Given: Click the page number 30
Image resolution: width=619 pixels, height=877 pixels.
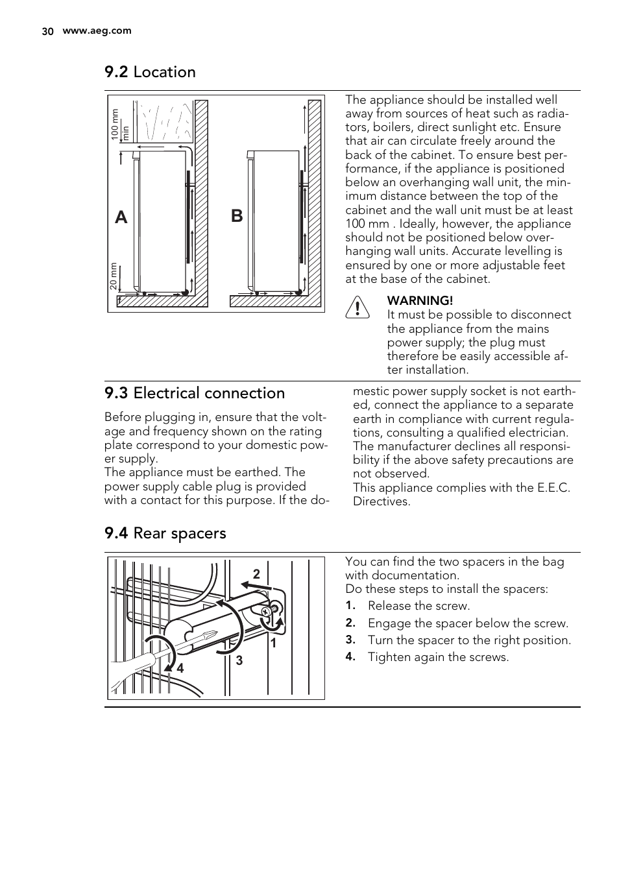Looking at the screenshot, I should point(47,31).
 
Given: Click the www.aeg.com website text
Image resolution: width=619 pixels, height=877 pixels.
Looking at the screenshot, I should point(97,30).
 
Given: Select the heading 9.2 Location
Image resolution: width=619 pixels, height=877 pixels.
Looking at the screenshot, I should point(150,72).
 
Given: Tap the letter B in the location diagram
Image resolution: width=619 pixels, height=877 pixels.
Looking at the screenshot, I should point(237,215).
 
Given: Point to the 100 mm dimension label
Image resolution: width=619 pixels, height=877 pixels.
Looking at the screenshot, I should point(115,125).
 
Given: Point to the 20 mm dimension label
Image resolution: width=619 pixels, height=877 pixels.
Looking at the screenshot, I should point(114,276).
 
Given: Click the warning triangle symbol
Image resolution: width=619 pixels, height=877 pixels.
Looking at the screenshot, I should point(357,307).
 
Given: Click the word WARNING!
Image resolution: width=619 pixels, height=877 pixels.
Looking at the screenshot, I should point(420,300).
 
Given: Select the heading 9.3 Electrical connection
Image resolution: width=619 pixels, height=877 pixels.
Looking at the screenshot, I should point(195,393).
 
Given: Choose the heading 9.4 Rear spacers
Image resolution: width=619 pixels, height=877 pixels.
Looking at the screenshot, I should point(165,533).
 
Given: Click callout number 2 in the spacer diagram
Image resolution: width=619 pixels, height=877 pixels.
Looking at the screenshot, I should point(256,574).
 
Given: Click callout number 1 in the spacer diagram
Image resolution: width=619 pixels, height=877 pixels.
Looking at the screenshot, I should point(273,643).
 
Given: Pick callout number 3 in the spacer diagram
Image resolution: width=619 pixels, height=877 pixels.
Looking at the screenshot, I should point(239,660).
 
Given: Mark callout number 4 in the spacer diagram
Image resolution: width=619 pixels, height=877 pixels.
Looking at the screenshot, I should point(180,667).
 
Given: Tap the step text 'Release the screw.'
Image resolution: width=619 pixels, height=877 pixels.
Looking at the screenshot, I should point(419,606).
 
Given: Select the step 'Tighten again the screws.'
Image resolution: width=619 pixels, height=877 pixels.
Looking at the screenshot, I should point(438,657).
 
